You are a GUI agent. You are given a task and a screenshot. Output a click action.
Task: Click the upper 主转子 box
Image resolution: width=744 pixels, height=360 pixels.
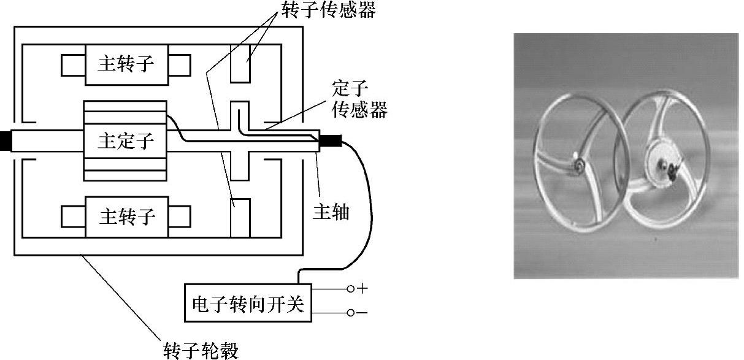(126, 64)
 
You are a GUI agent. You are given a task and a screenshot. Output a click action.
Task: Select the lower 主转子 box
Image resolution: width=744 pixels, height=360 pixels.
(126, 216)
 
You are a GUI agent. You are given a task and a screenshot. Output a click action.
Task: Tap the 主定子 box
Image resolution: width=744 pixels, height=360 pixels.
(125, 141)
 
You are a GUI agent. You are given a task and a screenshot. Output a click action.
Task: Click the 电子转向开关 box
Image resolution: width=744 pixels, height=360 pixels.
(248, 303)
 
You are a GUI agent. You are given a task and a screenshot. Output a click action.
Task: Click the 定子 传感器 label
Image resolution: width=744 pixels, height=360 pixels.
(359, 100)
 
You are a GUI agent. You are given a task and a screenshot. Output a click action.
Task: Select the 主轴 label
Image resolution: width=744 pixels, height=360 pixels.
(331, 213)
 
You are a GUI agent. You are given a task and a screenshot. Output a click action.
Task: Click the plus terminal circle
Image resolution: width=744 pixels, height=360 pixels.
(350, 288)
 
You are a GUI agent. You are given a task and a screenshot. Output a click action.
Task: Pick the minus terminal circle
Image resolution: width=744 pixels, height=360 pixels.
(350, 313)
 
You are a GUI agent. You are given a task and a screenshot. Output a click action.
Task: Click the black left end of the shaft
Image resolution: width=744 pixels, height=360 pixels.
(6, 141)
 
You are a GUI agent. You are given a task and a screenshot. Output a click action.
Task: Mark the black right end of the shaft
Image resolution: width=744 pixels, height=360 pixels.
(329, 142)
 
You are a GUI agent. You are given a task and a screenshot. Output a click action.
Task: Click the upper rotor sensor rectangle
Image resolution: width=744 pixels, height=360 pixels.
(240, 64)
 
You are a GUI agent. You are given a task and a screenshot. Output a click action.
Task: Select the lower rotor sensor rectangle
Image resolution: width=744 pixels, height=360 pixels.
(240, 217)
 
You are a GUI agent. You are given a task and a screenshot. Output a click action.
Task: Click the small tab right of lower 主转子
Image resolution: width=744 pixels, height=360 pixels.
(179, 216)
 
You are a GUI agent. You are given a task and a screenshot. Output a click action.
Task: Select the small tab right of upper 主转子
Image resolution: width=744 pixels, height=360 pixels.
(179, 64)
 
